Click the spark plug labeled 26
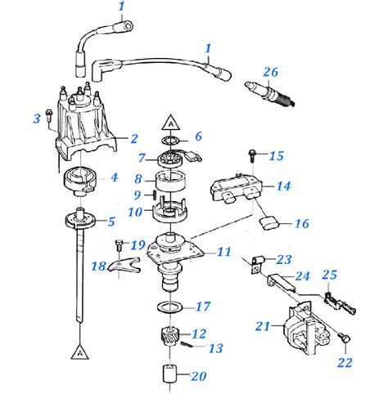(x=271, y=92)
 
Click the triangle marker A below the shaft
(x=79, y=352)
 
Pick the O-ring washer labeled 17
(x=173, y=307)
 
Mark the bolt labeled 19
(x=120, y=242)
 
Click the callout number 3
(x=37, y=119)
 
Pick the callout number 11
(x=223, y=252)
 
